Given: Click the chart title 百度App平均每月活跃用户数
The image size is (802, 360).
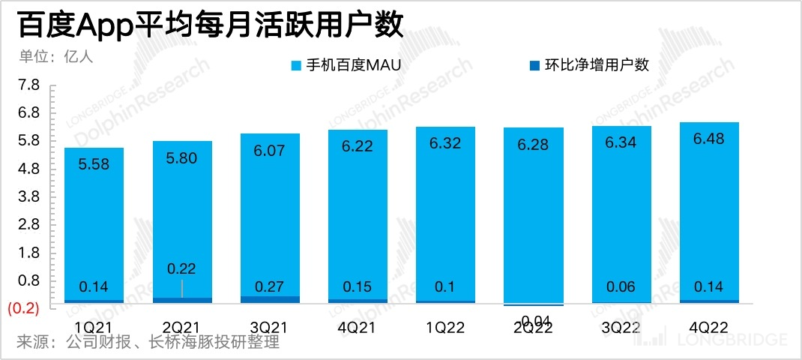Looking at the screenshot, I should point(210,25).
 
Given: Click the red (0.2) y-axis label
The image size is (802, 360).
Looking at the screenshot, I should point(23,307).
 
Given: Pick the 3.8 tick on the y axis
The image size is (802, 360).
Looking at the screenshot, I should point(28,196).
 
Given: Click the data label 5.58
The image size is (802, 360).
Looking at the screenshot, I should point(94,164).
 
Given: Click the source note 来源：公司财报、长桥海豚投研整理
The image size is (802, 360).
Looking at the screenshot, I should point(148,343).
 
